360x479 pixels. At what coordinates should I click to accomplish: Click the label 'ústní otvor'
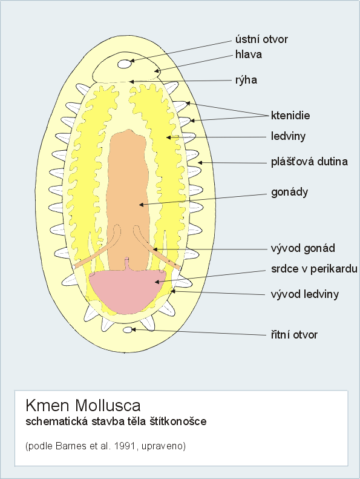[x=261, y=39]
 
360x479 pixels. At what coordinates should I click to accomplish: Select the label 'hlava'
[x=249, y=55]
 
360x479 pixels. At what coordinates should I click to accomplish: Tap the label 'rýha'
[x=246, y=81]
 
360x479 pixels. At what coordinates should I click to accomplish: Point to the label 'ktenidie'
[x=290, y=116]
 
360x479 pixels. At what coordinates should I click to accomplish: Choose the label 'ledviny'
[x=288, y=136]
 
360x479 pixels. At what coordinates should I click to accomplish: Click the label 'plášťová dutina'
[x=309, y=162]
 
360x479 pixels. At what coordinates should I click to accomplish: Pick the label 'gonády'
[x=289, y=193]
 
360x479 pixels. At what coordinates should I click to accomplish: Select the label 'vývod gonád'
[x=303, y=248]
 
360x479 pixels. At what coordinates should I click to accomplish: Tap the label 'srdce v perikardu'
[x=314, y=269]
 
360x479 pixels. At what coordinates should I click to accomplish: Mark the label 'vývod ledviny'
[x=305, y=294]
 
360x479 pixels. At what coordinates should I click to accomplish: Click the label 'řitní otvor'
[x=294, y=335]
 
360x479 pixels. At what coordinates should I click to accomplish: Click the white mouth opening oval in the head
[x=125, y=64]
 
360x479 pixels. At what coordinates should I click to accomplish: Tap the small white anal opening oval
[x=128, y=330]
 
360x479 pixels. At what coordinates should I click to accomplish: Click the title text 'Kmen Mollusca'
[x=83, y=406]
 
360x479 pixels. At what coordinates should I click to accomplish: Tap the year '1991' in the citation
[x=125, y=446]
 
